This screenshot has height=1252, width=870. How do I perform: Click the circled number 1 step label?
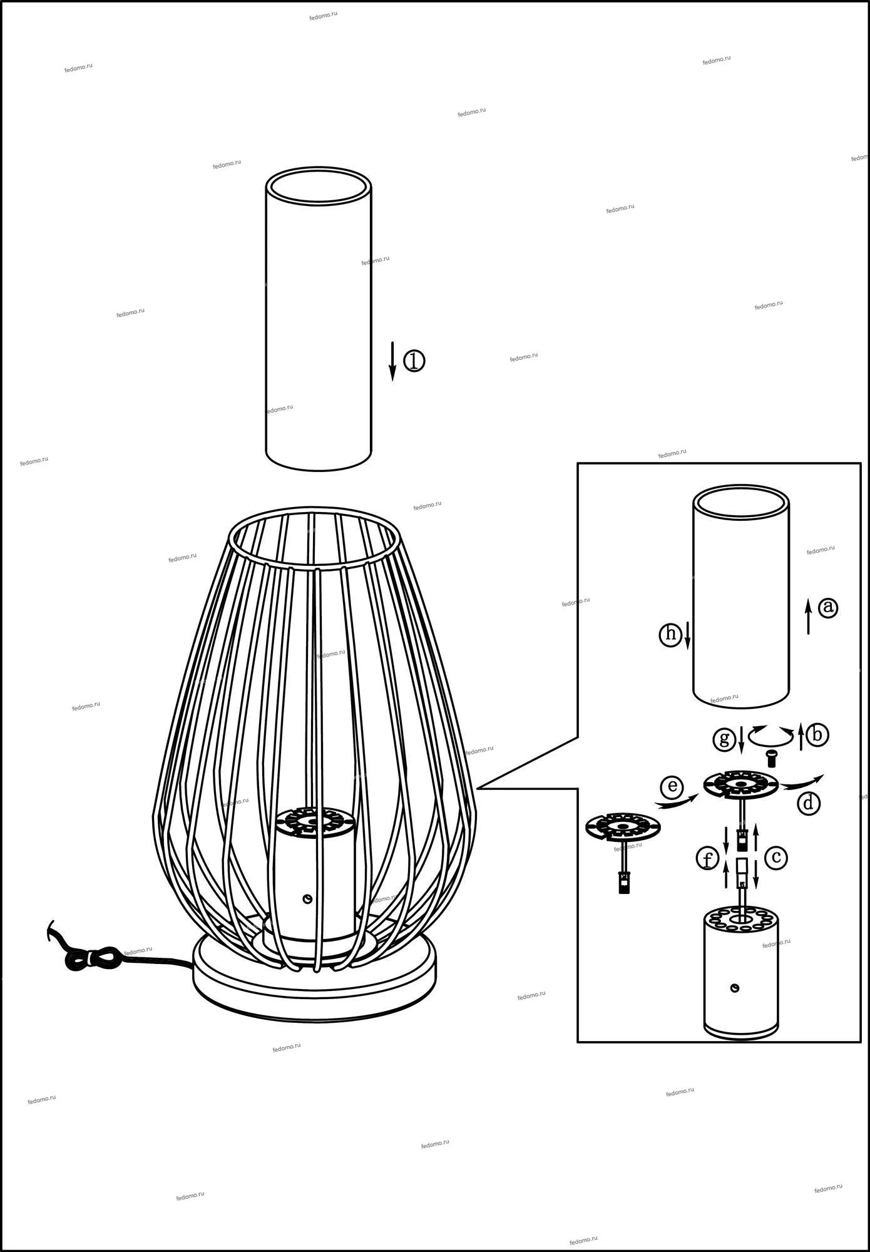pyautogui.click(x=414, y=361)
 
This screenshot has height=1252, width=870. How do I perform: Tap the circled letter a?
pyautogui.click(x=828, y=607)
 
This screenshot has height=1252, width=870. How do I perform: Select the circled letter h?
pyautogui.click(x=670, y=635)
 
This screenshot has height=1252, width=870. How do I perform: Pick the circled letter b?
pyautogui.click(x=817, y=734)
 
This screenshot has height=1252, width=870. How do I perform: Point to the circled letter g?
pyautogui.click(x=724, y=739)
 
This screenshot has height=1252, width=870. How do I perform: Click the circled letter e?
pyautogui.click(x=672, y=787)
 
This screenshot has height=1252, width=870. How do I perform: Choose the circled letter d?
pyautogui.click(x=809, y=803)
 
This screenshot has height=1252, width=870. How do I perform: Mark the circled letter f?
pyautogui.click(x=707, y=859)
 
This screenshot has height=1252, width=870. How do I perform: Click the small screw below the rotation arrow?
pyautogui.click(x=771, y=759)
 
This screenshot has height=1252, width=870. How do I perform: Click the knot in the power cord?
pyautogui.click(x=94, y=958)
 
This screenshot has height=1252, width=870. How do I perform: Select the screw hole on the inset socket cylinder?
pyautogui.click(x=735, y=988)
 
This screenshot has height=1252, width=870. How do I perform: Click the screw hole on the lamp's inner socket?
pyautogui.click(x=307, y=899)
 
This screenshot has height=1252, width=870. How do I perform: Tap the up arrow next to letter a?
pyautogui.click(x=808, y=616)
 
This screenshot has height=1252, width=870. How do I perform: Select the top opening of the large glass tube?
pyautogui.click(x=318, y=186)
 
